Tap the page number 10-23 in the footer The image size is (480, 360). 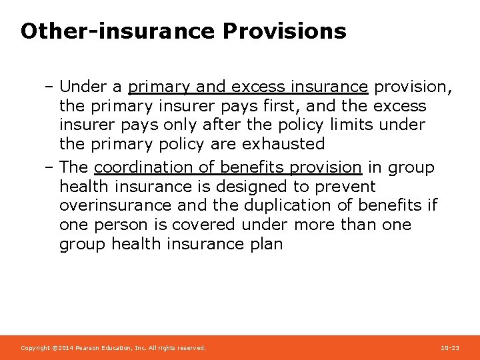(x=450, y=348)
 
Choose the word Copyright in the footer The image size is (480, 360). (x=34, y=348)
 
